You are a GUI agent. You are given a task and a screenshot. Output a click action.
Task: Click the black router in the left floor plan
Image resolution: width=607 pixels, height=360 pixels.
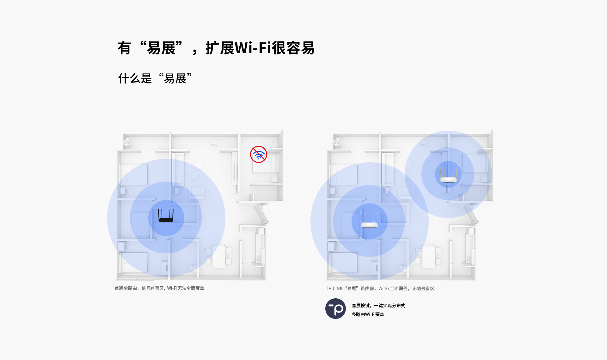(x=166, y=216)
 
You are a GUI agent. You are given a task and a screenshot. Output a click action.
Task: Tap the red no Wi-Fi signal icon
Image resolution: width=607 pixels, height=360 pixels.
(x=259, y=154)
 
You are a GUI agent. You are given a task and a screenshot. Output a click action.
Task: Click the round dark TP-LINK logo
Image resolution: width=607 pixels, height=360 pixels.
(x=335, y=308)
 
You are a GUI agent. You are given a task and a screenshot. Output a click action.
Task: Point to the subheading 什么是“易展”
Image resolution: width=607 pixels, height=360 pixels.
(x=155, y=78)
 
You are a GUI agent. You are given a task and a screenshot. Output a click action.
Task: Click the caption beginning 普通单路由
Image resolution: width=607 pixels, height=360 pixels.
(x=159, y=288)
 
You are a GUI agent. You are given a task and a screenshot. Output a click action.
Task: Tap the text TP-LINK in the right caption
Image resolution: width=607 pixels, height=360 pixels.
(x=334, y=289)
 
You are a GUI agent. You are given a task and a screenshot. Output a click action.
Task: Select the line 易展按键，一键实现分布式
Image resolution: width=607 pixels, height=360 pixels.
(x=378, y=306)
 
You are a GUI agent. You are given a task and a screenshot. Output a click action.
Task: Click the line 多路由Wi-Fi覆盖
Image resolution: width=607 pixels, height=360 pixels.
(x=368, y=314)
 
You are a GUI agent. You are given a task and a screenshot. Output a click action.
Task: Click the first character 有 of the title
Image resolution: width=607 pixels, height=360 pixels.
(x=124, y=48)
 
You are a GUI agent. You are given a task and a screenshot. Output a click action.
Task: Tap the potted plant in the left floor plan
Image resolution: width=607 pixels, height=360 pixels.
(x=127, y=142)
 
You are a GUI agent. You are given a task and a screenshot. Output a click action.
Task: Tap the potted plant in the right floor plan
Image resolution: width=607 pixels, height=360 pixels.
(x=337, y=142)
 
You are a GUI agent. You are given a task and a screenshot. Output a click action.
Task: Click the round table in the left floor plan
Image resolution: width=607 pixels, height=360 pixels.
(x=198, y=164)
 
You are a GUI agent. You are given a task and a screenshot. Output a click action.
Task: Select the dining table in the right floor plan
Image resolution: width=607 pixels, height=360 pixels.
(x=429, y=257)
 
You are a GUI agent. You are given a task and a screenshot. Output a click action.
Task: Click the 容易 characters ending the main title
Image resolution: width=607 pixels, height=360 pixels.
(x=300, y=48)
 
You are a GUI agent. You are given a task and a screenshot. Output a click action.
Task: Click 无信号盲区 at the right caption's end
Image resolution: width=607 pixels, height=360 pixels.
(x=423, y=289)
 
